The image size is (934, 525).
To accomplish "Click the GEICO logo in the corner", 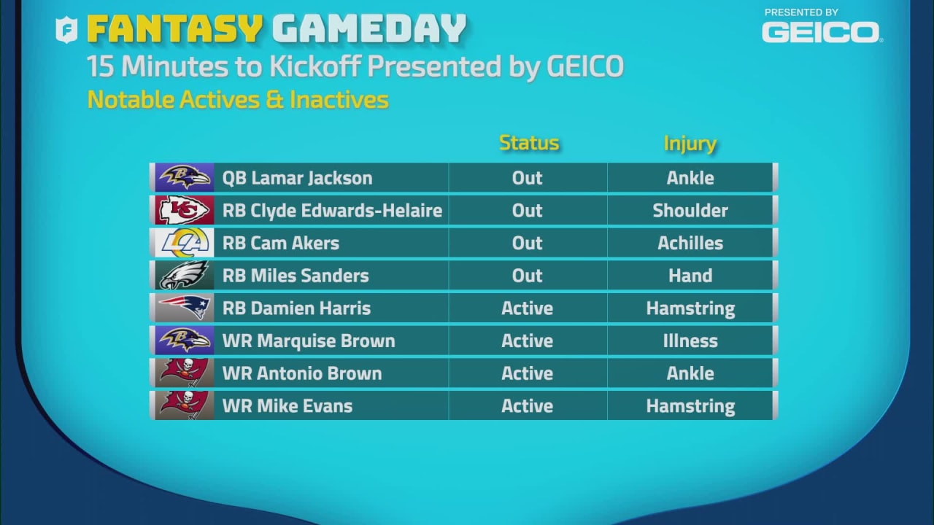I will pos(821,31).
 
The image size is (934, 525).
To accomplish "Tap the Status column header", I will pos(529,143).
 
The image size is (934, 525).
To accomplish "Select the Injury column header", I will pos(690,144).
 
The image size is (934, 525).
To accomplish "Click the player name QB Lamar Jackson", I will pos(297,178).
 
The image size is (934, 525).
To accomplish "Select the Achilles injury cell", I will pos(690,243).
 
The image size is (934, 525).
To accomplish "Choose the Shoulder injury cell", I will pos(690,211).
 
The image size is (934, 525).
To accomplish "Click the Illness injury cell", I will pos(690,341).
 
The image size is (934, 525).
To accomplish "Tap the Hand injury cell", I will pos(690,276).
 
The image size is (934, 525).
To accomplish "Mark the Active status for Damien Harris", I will pos(527,308).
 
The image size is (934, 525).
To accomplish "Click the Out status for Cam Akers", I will pos(527,243).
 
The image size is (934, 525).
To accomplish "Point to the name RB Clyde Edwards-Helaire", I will pos(332,211).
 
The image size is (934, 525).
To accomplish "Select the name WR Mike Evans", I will pos(287,405).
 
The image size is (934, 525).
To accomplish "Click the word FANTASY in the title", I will pos(174,29).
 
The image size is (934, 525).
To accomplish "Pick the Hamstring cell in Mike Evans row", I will pos(690,405).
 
